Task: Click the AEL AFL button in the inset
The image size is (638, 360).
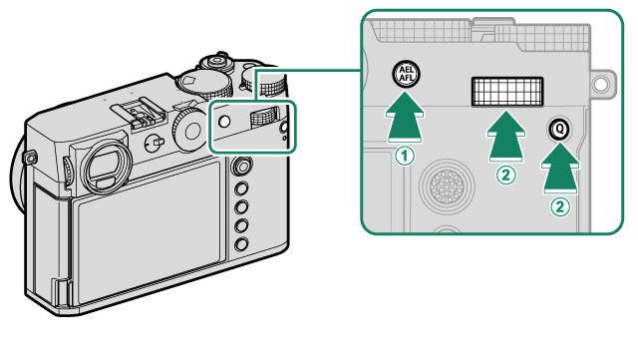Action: point(406,75)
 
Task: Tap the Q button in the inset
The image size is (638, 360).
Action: point(560,129)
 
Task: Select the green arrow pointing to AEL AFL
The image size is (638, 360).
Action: point(405,118)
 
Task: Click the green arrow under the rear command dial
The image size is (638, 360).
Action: point(506,137)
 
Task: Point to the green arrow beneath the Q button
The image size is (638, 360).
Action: point(560,168)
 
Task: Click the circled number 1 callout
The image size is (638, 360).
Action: point(405,156)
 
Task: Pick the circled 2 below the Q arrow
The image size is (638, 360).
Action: point(560,206)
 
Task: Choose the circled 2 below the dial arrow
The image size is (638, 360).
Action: point(505,176)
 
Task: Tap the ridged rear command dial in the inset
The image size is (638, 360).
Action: point(507,92)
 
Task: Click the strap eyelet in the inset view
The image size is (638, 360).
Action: point(600,85)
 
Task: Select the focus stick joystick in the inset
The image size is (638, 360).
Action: point(447,186)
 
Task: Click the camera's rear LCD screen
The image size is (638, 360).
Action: point(150,231)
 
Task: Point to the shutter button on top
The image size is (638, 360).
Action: point(217,61)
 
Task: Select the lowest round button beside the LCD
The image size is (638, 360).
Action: point(241,244)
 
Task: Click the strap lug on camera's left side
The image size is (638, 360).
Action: point(30,157)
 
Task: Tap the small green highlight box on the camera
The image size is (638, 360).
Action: point(252,127)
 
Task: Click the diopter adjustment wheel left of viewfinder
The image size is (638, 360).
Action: point(68,172)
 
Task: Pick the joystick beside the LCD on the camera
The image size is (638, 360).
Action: point(241,166)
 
